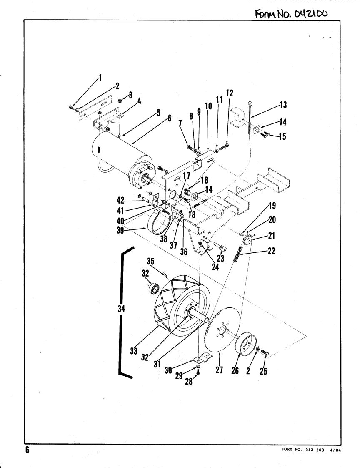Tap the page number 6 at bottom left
click(x=27, y=450)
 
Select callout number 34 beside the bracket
click(x=121, y=309)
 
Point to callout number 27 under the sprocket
click(x=219, y=370)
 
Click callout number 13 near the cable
click(x=283, y=105)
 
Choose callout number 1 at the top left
click(x=100, y=78)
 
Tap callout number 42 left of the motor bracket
click(x=120, y=200)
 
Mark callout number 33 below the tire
click(x=134, y=351)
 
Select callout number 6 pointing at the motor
click(x=170, y=118)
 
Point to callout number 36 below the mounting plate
click(x=184, y=252)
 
